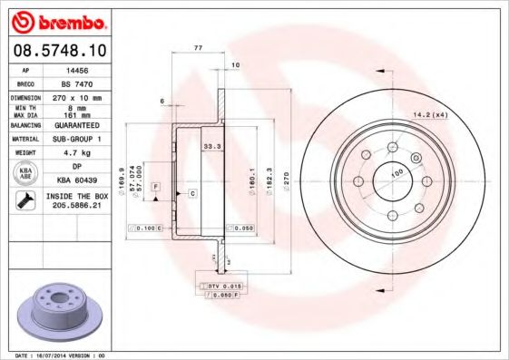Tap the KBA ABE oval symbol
tap(24, 174)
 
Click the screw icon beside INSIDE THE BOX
tap(24, 200)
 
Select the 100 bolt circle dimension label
tap(396, 172)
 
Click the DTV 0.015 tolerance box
tap(219, 286)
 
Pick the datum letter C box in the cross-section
tap(192, 194)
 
